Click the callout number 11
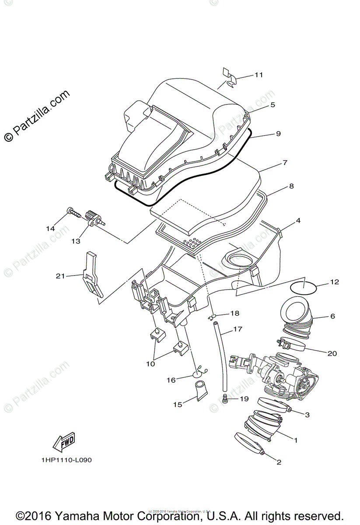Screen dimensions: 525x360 [259, 75]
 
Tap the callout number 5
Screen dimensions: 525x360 [272, 105]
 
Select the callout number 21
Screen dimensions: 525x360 [60, 276]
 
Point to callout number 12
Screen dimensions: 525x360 [334, 282]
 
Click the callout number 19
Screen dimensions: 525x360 [244, 399]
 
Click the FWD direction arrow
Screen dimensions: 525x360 [64, 441]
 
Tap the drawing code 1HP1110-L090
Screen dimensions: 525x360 [67, 460]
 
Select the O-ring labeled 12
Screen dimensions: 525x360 [304, 288]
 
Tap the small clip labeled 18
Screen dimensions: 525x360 [213, 315]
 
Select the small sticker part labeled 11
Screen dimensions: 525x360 [229, 77]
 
